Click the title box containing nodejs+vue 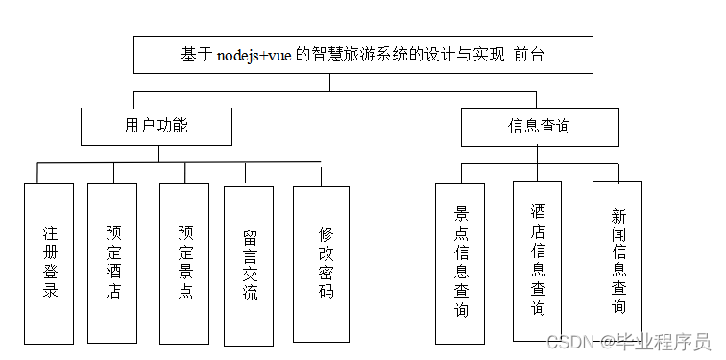pos(328,56)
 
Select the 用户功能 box pos(157,126)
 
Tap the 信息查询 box pos(539,126)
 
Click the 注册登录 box pos(50,262)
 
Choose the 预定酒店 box pos(113,262)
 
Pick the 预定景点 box pos(185,262)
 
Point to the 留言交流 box pos(249,264)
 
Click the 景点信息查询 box pos(461,262)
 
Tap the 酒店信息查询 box pos(538,260)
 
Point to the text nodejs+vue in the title pos(256,56)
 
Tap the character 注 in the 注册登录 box pos(50,232)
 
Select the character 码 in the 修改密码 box pos(326,291)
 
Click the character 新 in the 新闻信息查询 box pos(618,215)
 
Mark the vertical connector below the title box pos(328,82)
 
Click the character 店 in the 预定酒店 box pos(113,291)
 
